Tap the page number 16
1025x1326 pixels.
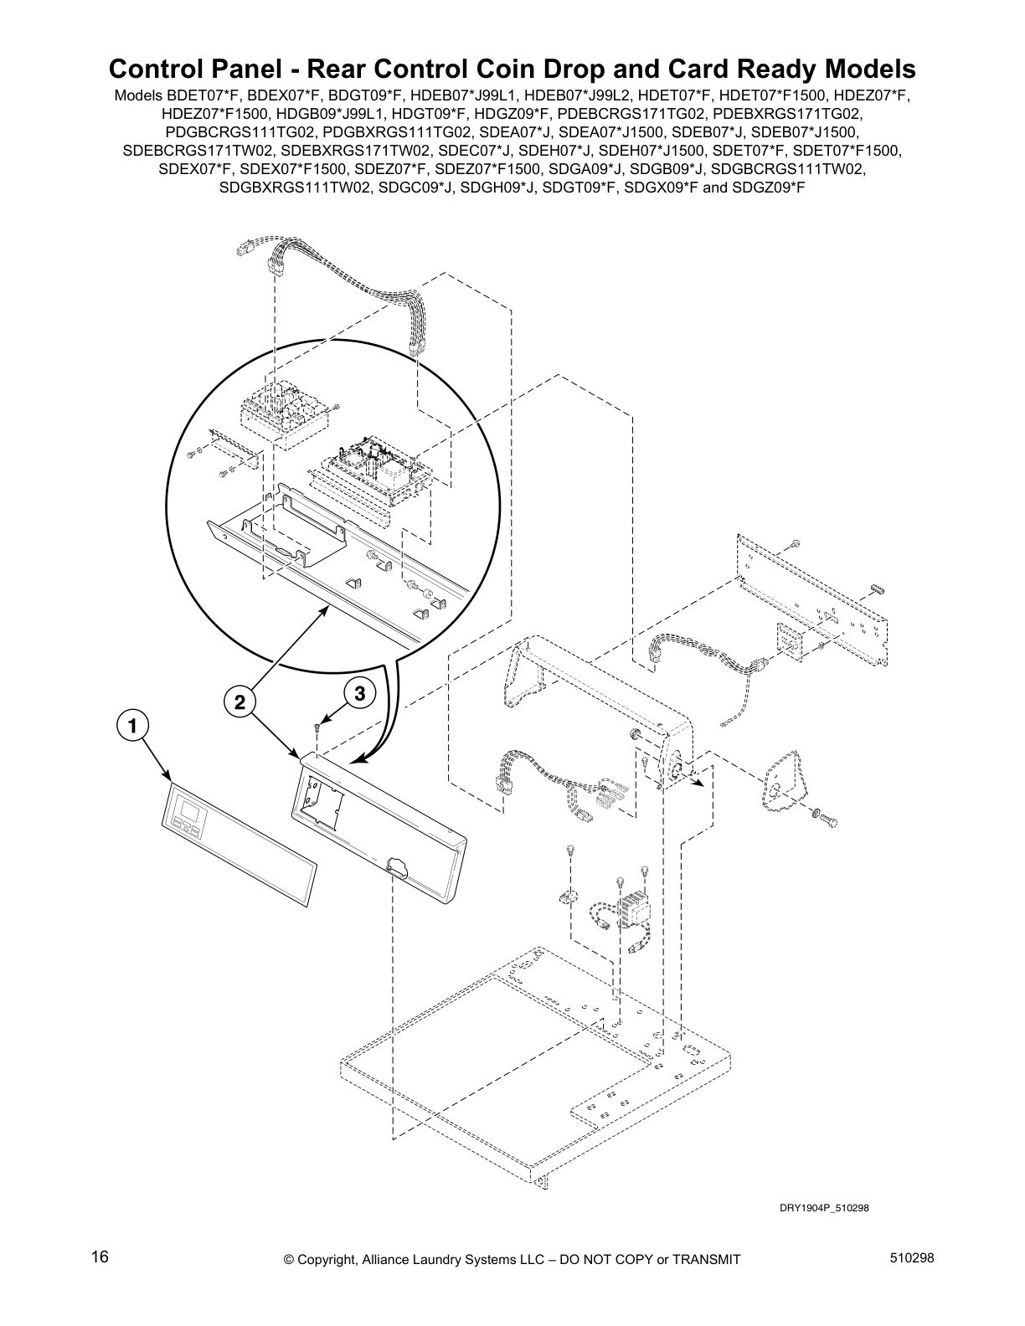[x=100, y=1257]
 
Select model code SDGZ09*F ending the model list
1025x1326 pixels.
[x=768, y=188]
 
